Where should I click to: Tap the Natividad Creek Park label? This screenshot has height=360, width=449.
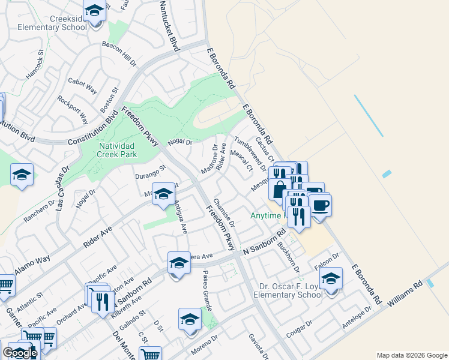(117, 150)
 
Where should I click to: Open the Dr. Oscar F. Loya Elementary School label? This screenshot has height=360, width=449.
(288, 290)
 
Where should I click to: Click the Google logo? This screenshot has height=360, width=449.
(19, 353)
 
